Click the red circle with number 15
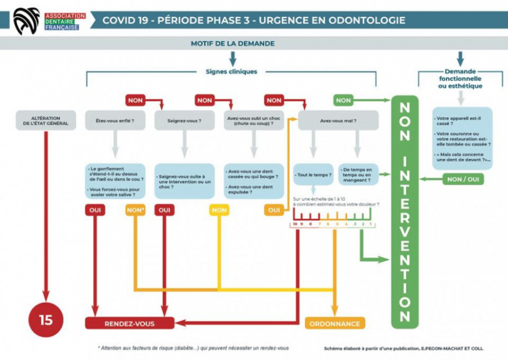46,320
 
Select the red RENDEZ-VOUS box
129,323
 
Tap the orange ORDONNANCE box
335,323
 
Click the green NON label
343,100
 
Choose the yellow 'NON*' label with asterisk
135,210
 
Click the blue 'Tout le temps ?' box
313,175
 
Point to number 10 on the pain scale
296,224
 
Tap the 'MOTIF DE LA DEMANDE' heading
232,44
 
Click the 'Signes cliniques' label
231,72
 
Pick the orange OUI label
273,210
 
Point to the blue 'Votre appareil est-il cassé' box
462,138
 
